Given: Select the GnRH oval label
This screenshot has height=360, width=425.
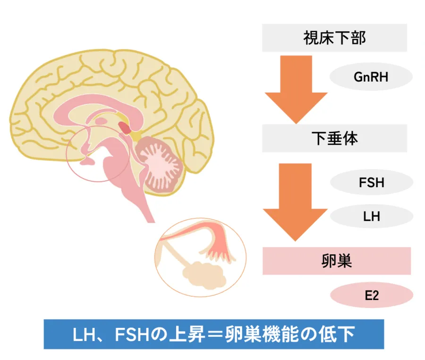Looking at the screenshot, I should [371, 77].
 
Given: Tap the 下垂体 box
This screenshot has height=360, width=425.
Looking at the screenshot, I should [334, 138].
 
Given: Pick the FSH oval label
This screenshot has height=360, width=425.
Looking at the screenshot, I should [371, 182].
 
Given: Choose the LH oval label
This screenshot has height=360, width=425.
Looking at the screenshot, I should [371, 217].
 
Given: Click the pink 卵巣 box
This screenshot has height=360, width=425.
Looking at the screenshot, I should [336, 261].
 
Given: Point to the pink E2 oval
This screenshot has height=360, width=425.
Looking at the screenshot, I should [371, 296].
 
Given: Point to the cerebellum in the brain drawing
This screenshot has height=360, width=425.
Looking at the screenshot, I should [161, 163].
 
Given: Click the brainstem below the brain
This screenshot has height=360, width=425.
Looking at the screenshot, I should [142, 198].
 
